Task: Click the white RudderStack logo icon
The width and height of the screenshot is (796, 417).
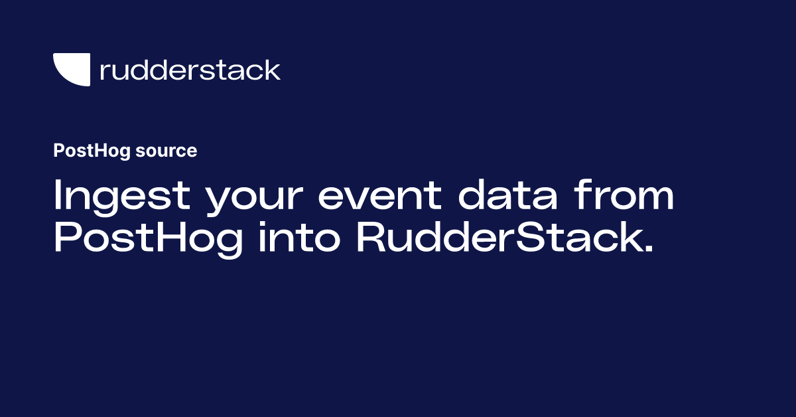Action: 72,70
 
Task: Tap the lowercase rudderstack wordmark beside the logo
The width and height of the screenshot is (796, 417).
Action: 190,70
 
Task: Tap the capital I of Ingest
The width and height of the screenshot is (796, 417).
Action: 58,197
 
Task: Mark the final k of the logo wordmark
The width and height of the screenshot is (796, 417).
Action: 273,69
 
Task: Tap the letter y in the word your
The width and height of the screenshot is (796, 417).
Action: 220,203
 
